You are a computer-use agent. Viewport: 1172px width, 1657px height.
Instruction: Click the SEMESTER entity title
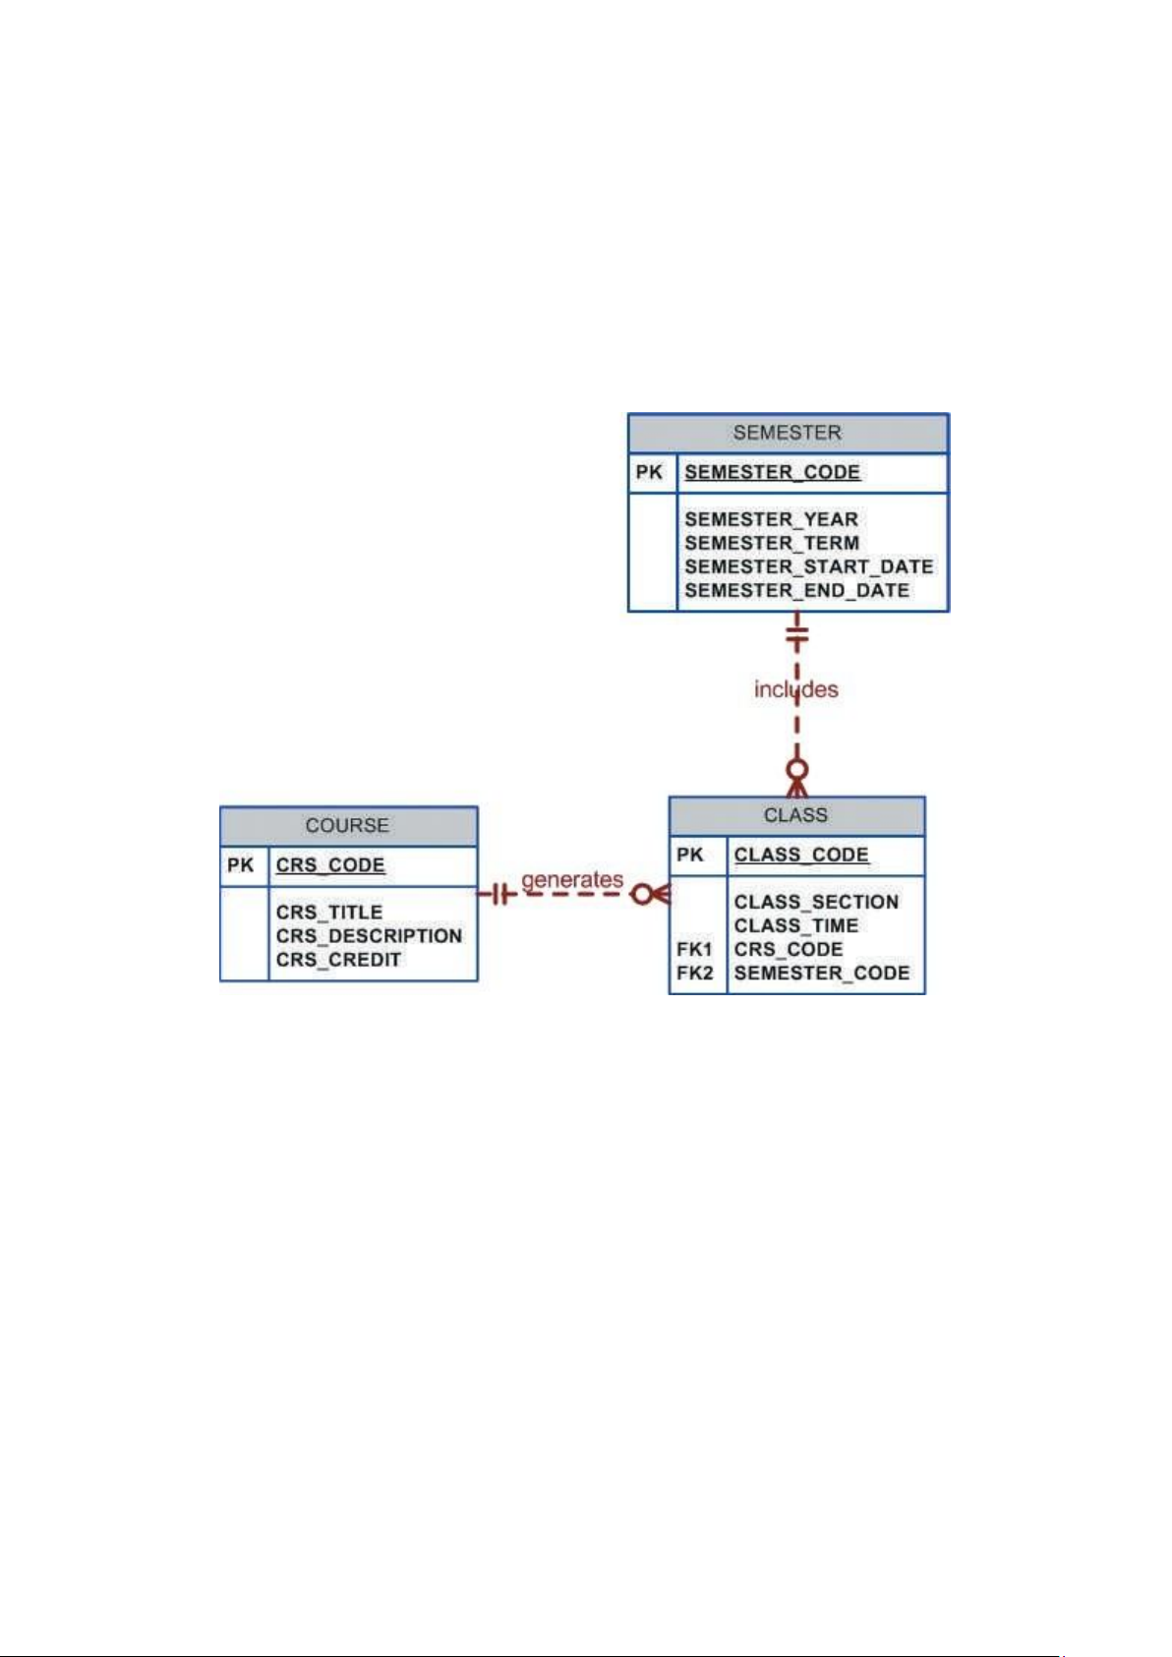(787, 433)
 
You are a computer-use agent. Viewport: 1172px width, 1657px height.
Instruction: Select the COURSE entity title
(347, 825)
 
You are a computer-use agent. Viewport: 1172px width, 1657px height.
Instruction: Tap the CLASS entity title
(795, 815)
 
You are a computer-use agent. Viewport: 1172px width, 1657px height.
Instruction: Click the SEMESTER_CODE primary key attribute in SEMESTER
(772, 472)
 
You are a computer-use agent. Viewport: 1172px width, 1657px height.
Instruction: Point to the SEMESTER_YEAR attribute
(771, 519)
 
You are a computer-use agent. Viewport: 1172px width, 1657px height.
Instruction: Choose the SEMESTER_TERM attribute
(772, 543)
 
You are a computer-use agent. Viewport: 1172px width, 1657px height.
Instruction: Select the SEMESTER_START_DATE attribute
(809, 566)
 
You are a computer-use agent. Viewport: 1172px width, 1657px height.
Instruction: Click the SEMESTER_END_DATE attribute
(797, 590)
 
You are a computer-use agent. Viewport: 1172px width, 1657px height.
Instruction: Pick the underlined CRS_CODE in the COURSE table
(330, 864)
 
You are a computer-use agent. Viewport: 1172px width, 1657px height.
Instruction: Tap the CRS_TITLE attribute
(329, 913)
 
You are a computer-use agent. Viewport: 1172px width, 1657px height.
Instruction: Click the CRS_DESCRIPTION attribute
(369, 936)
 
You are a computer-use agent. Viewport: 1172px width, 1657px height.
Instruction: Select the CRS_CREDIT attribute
(338, 960)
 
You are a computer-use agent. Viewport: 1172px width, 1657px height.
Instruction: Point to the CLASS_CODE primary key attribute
(801, 855)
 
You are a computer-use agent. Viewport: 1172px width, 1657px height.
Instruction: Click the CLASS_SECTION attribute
(816, 902)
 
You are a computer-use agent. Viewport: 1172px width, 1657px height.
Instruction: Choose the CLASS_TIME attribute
(796, 925)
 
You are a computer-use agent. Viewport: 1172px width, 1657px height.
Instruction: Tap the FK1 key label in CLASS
(694, 949)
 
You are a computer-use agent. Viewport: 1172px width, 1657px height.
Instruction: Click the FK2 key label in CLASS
(695, 973)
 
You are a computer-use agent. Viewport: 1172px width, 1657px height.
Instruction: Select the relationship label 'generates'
(572, 880)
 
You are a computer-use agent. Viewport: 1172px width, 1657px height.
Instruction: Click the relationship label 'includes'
(796, 689)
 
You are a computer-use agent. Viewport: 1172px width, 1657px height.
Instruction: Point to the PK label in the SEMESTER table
(649, 472)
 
